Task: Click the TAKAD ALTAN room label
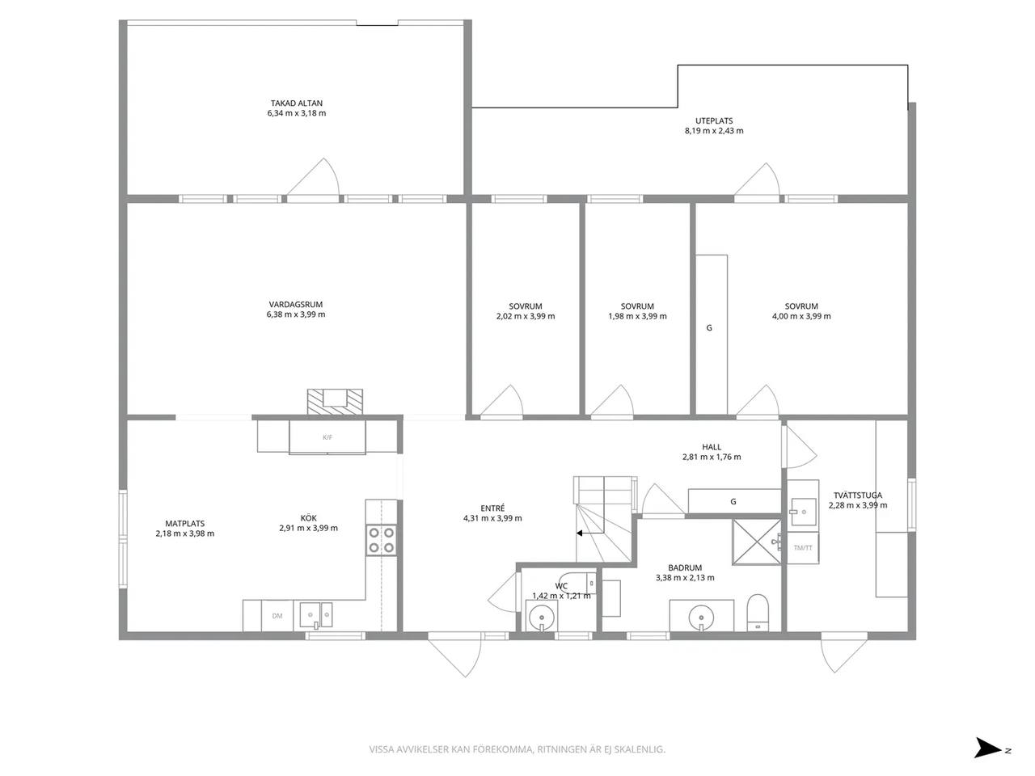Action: click(x=297, y=103)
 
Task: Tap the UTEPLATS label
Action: click(x=714, y=121)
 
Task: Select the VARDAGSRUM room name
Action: click(x=296, y=305)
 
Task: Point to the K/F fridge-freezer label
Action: click(x=327, y=437)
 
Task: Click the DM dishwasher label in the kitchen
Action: click(x=277, y=616)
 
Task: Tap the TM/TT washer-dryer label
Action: click(x=803, y=547)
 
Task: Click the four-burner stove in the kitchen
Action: click(x=381, y=540)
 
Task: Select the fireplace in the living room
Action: click(x=335, y=402)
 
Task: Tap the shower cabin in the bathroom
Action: click(x=756, y=542)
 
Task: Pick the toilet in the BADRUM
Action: click(x=758, y=613)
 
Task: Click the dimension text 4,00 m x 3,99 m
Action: click(x=801, y=316)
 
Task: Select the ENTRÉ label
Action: click(x=492, y=508)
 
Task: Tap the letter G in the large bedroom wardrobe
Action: click(x=709, y=328)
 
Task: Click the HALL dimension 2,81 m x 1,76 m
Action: click(x=712, y=457)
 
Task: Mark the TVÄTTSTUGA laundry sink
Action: click(x=803, y=512)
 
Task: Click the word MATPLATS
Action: click(x=185, y=524)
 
